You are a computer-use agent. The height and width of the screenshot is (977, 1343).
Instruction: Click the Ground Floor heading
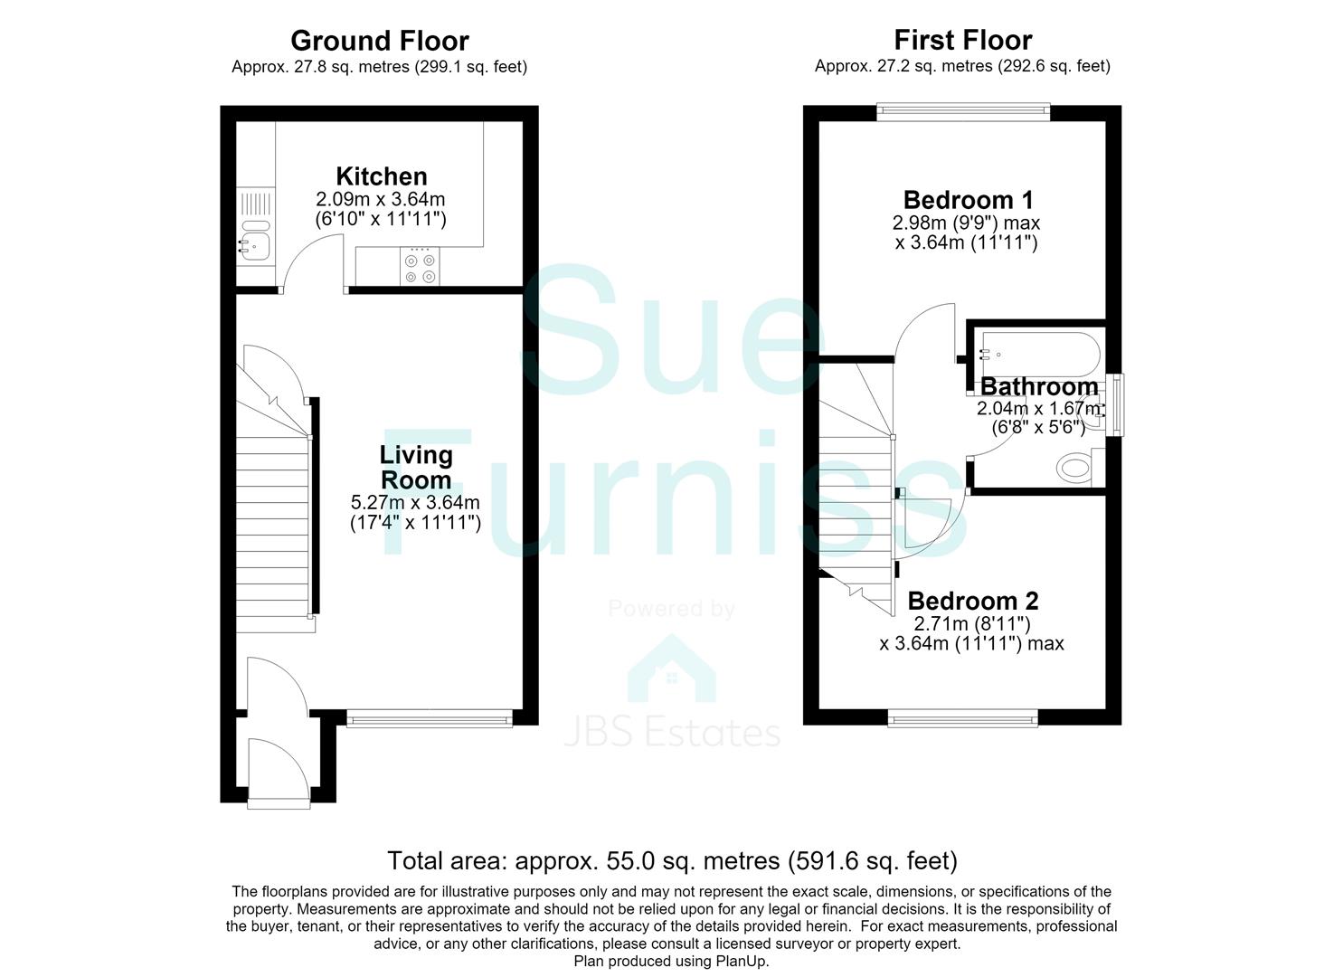380,42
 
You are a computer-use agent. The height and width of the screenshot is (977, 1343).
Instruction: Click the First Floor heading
963,40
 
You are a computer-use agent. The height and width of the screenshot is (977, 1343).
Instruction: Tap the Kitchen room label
382,176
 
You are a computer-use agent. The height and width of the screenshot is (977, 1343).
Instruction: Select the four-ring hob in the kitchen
420,266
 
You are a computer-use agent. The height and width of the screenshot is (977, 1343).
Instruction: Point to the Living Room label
415,467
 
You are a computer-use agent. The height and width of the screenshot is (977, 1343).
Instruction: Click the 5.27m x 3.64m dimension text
415,502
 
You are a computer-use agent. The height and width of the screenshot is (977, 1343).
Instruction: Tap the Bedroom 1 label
969,200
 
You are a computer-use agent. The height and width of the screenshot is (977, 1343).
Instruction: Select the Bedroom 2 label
973,601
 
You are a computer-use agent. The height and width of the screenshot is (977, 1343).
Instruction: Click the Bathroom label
1039,386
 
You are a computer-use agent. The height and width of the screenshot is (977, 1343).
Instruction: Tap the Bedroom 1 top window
963,111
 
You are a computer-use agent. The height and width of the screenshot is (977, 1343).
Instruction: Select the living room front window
430,718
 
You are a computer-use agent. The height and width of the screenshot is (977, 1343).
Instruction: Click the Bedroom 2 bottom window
962,718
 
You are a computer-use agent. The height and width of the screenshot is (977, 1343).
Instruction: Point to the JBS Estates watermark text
672,733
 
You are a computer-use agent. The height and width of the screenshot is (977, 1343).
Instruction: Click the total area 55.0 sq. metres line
672,860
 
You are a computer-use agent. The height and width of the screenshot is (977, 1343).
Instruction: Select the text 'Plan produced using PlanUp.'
671,962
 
